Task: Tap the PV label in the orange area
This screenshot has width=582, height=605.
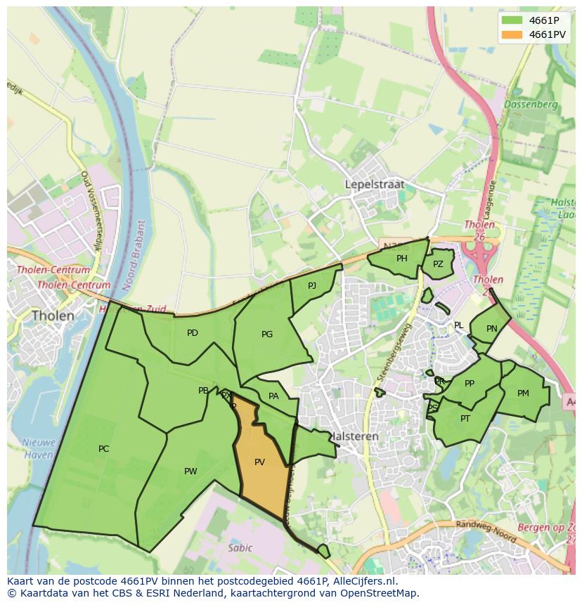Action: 259,462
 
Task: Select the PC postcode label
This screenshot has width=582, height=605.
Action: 103,449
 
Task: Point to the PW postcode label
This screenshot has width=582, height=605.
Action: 190,471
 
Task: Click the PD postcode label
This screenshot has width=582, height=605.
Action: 192,333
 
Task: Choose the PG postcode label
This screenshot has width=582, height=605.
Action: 266,334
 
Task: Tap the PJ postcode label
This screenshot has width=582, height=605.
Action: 312,285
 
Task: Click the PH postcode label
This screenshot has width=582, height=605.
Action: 401,259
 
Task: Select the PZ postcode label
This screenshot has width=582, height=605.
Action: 438,264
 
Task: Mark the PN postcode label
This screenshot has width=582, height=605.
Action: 491,328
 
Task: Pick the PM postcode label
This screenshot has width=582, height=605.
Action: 523,393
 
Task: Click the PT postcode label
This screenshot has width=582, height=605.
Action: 465,419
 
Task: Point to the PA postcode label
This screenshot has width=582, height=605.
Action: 273,396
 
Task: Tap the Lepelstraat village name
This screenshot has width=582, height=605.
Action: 375,184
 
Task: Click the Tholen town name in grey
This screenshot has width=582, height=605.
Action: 53,316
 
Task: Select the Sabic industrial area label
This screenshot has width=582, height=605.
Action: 240,547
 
